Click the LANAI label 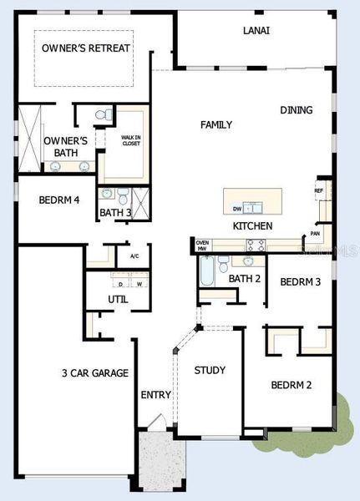pos(256,30)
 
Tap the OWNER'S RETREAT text pos(86,48)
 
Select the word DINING pos(297,110)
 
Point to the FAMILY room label pos(216,124)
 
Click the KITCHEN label pos(252,225)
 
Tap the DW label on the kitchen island pos(238,209)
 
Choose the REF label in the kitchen pos(318,190)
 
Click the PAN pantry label pos(315,234)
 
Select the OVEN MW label pos(202,245)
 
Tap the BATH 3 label pos(115,213)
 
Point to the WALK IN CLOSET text pos(129,140)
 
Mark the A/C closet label pos(134,255)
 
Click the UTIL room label pos(118,299)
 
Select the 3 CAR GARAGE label pos(94,372)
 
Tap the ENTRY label pos(155,395)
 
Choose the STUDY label pos(210,370)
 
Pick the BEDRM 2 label pos(291,385)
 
